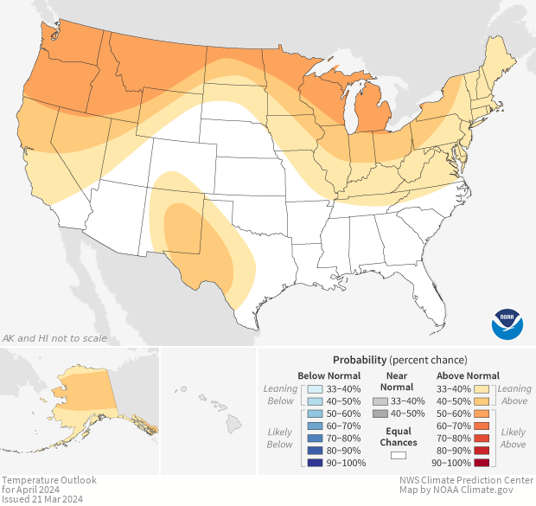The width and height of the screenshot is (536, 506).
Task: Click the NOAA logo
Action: pos(507,323)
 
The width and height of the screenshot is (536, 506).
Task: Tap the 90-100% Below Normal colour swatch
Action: pos(314,463)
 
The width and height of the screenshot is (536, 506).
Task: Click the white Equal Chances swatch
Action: pos(399,454)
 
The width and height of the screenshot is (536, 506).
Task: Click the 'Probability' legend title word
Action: pos(359,359)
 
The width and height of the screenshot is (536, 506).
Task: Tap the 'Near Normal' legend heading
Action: pos(398,381)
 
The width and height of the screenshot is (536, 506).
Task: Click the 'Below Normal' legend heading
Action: pos(329,375)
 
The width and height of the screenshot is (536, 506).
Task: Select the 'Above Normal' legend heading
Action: pos(469,375)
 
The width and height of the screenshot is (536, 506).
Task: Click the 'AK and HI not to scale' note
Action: pos(54,337)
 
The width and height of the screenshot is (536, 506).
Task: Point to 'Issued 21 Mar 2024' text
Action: pos(41,499)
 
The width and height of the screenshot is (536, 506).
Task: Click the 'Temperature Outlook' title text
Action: pos(49,480)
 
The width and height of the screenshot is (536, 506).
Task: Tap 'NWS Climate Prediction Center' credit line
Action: pos(465,480)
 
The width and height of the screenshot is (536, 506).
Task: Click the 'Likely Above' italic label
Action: pos(513,438)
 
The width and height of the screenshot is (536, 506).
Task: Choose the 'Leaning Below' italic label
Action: pos(280,395)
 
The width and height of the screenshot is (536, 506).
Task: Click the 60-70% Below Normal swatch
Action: pos(314,426)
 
